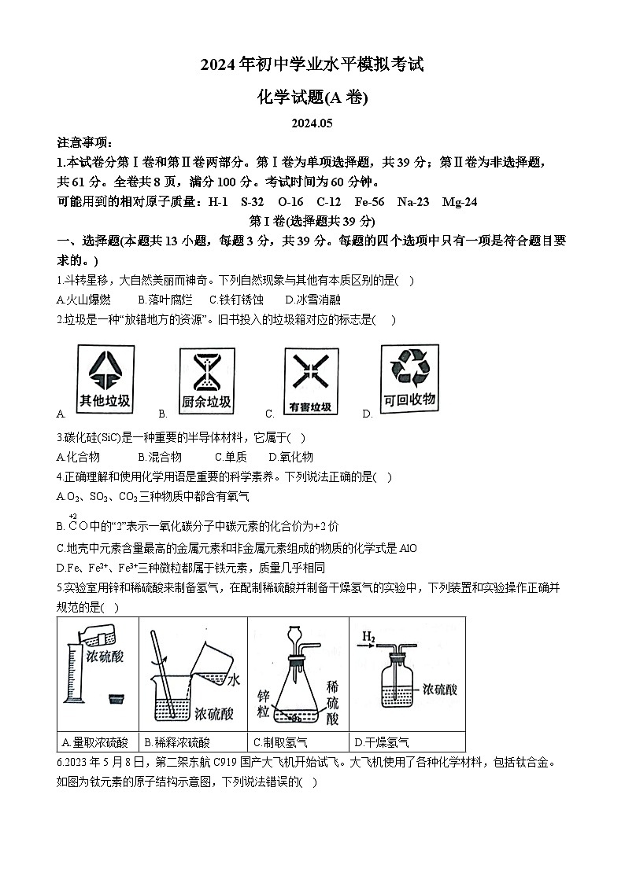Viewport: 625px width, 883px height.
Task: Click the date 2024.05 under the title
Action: pyautogui.click(x=312, y=123)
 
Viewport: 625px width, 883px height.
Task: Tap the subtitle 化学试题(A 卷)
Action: pyautogui.click(x=312, y=97)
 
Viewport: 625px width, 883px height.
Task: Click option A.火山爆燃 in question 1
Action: pyautogui.click(x=83, y=300)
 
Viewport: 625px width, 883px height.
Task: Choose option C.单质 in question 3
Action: pyautogui.click(x=231, y=457)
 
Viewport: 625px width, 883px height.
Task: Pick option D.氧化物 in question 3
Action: pyautogui.click(x=290, y=457)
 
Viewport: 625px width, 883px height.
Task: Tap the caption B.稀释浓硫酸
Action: pyautogui.click(x=177, y=741)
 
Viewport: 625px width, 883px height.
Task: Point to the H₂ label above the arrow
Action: pyautogui.click(x=370, y=635)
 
